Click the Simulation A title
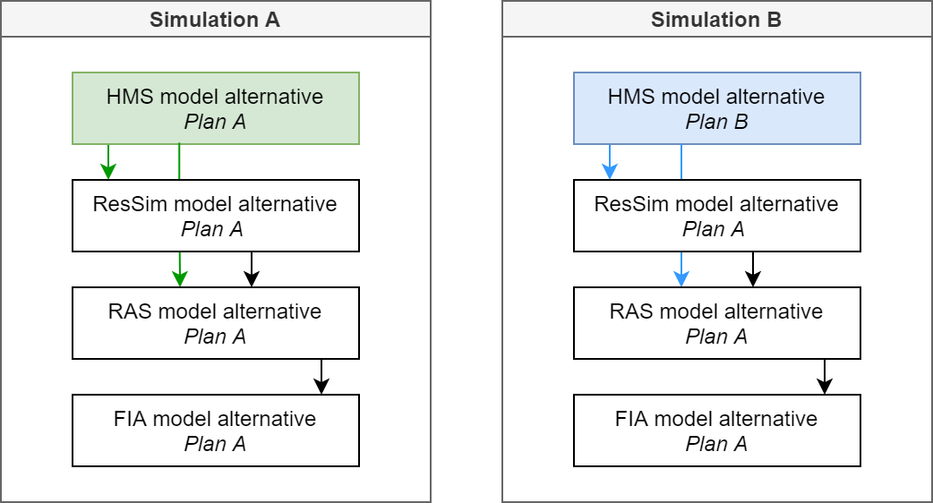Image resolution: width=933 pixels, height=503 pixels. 215,20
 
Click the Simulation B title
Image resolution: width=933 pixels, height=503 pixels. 716,20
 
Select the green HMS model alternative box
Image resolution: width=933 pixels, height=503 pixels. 215,108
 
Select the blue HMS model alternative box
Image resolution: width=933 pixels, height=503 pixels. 716,108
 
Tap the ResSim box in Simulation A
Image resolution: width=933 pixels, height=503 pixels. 215,216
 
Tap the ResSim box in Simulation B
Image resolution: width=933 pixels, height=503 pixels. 716,216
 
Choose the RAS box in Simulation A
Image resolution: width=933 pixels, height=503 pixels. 215,323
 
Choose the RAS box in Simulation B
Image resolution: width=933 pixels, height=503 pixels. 716,323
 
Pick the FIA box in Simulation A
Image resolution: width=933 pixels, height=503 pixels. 215,431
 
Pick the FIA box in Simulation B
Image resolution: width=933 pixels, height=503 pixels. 716,431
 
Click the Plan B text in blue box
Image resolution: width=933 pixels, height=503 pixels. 716,122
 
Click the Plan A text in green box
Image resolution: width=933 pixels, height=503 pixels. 215,122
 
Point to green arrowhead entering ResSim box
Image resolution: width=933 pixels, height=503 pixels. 108,172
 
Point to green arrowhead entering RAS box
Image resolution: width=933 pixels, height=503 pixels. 180,279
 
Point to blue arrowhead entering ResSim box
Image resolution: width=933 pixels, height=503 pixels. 610,172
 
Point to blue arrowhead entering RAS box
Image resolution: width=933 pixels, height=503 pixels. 681,279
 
